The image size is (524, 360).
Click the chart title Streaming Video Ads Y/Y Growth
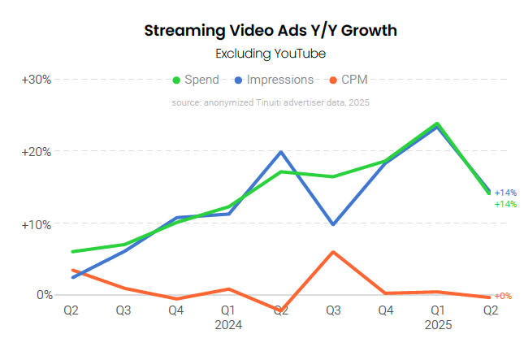pos(271,31)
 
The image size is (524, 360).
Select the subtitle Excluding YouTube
pos(271,54)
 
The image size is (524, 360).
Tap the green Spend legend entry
pos(195,80)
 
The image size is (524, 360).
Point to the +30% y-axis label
pos(37,80)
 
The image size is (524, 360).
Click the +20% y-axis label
pos(37,152)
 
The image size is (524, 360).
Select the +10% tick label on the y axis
pos(37,223)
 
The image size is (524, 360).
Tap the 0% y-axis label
pos(43,295)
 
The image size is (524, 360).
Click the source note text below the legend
pos(271,103)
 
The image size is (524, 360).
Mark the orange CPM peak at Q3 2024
pos(333,252)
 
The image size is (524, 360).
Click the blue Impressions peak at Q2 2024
pos(280,152)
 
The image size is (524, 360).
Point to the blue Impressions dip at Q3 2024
pos(333,224)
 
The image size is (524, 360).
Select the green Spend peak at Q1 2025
pos(437,124)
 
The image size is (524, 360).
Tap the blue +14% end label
pos(505,193)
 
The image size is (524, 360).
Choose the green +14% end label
pos(505,204)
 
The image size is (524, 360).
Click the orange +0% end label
pos(503,296)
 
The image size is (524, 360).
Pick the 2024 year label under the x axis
pos(228,324)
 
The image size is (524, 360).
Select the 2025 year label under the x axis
pos(437,324)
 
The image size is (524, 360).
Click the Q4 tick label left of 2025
pos(385,310)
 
